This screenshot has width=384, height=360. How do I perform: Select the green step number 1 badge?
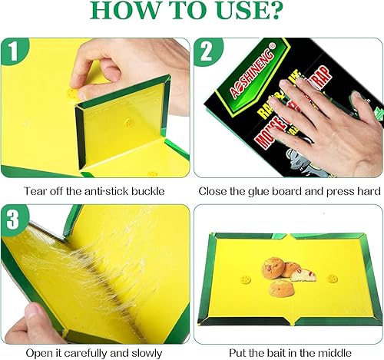click(12, 51)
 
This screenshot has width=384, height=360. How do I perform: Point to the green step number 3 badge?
click(12, 216)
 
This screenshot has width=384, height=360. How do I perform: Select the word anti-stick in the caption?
click(107, 192)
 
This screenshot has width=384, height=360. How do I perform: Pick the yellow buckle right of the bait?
click(333, 279)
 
